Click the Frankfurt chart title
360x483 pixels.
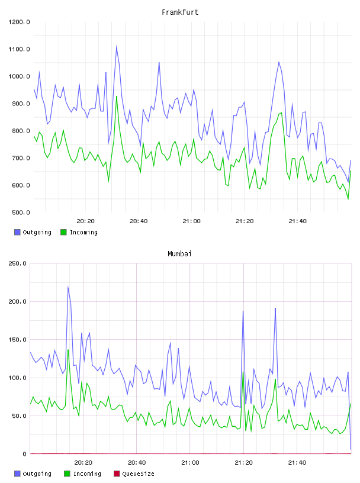[x=180, y=12]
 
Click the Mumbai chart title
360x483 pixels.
[x=179, y=254]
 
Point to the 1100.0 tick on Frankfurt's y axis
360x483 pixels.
[x=19, y=49]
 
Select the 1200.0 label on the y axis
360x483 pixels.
[x=19, y=22]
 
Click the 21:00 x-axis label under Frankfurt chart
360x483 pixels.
[x=191, y=221]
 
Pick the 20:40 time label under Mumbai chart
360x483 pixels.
[x=137, y=463]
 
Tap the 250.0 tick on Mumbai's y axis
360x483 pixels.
[x=17, y=263]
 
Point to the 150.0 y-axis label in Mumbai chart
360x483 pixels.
[x=17, y=340]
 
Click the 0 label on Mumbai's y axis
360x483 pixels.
[x=25, y=454]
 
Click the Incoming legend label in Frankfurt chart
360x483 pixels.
[x=83, y=232]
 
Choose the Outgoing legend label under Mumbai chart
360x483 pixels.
[x=37, y=474]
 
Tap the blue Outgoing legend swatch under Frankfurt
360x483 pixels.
[x=17, y=232]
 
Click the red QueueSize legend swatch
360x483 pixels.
[x=117, y=474]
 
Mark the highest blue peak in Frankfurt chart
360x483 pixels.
[x=117, y=46]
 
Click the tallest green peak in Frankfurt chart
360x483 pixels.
[x=117, y=96]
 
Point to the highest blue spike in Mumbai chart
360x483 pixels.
[x=68, y=286]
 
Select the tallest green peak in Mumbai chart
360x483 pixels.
[x=68, y=350]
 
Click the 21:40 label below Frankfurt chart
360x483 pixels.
[x=297, y=221]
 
